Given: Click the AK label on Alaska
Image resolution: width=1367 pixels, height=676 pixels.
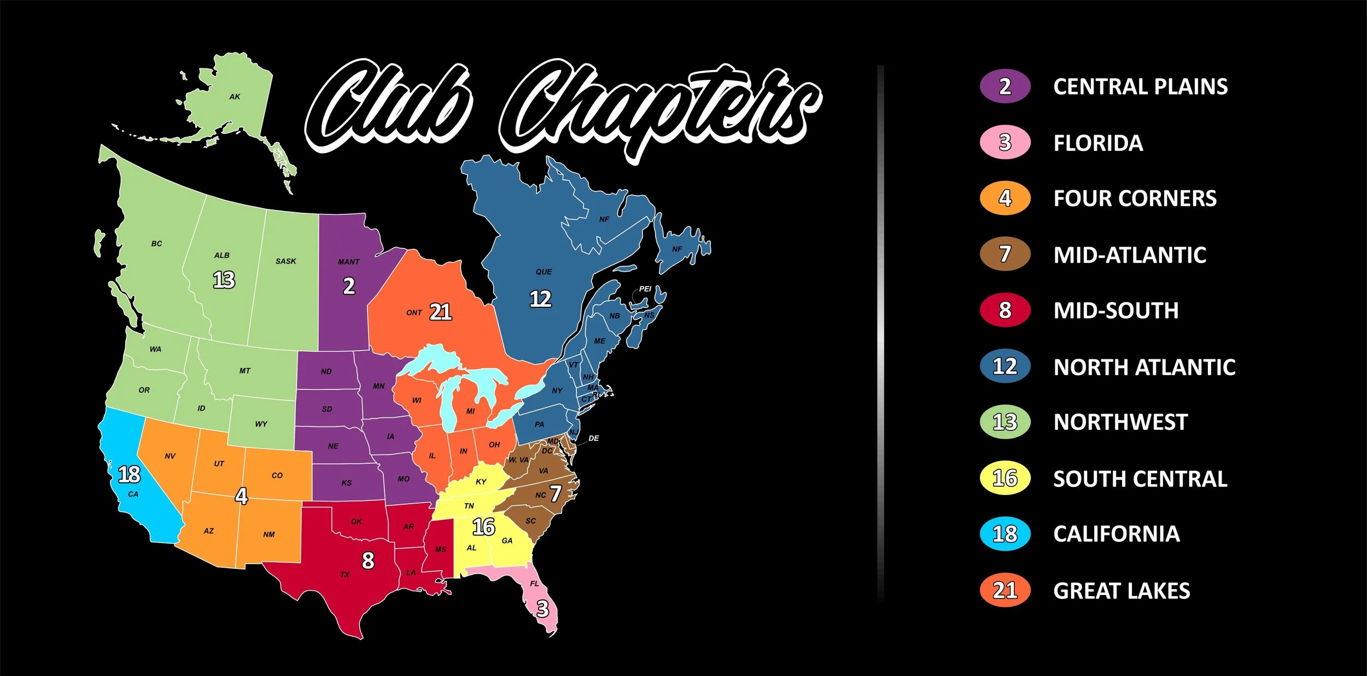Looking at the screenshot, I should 235,97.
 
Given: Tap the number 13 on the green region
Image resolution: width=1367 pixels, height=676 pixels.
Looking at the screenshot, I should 224,280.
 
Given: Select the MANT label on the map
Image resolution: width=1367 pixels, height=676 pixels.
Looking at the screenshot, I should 348,262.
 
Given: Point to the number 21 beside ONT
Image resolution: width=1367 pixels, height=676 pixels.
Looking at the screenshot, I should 440,312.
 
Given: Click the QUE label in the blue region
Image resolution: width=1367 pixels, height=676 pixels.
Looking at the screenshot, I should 544,272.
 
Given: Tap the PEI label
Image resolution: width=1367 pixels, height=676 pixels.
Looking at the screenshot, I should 645,289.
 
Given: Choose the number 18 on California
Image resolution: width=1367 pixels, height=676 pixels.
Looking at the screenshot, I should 130,475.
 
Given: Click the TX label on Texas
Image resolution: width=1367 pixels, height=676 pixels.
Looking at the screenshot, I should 344,575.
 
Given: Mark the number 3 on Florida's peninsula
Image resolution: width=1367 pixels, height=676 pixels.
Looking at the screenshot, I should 542,609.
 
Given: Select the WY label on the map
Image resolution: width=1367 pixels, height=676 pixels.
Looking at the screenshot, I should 261,424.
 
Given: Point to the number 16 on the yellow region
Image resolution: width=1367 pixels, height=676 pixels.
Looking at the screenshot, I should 483,527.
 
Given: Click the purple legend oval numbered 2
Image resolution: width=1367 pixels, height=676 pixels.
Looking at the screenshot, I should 1005,86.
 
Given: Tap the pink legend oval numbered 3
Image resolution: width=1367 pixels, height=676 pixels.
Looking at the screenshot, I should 1005,143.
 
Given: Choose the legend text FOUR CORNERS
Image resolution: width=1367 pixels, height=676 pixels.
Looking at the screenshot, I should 1135,199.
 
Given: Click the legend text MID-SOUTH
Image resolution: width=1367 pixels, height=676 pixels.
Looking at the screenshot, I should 1115,311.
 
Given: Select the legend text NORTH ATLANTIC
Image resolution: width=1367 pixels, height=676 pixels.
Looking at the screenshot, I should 1144,367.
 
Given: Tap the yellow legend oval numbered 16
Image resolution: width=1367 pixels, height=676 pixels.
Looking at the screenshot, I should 1005,479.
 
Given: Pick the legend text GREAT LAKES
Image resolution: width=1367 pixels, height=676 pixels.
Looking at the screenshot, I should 1121,591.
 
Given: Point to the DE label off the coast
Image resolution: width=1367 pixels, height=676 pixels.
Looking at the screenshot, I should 594,439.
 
